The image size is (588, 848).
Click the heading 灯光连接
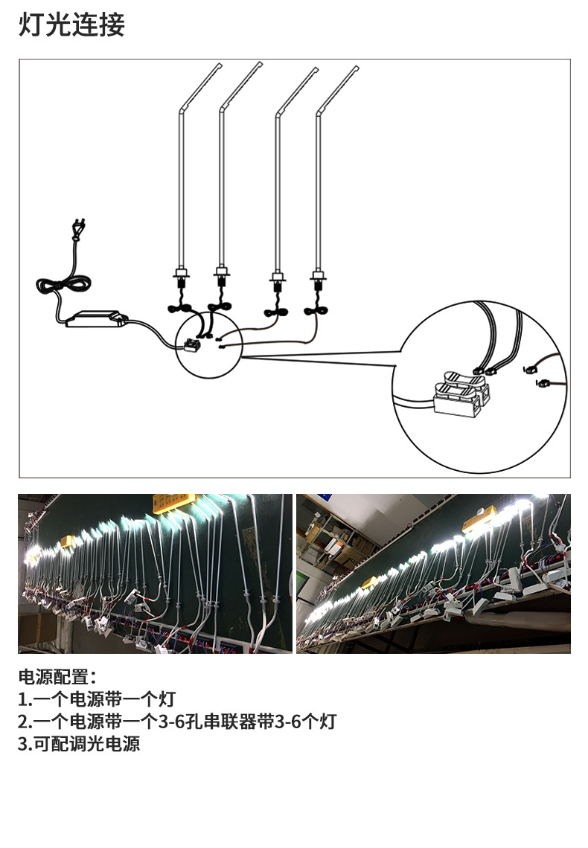[x=71, y=25]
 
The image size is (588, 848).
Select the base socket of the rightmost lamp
[x=319, y=277]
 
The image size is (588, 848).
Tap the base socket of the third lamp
[x=278, y=277]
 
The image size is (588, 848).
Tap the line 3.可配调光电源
[x=79, y=744]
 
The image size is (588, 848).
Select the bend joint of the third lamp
[x=278, y=114]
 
